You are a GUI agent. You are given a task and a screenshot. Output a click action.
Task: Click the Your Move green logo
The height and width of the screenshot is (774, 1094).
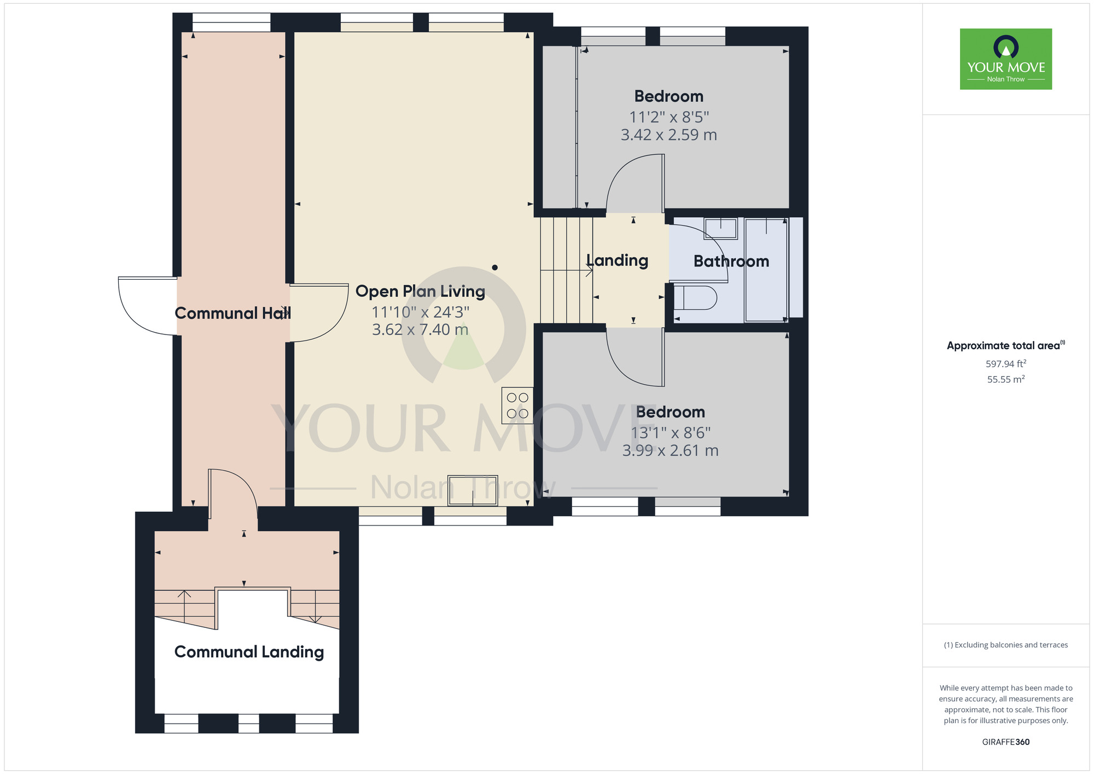(1005, 59)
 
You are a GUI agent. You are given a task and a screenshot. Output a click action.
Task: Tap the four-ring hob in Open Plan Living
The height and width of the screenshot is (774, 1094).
(517, 406)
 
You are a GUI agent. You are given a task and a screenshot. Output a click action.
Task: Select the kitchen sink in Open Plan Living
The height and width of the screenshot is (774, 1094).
(473, 490)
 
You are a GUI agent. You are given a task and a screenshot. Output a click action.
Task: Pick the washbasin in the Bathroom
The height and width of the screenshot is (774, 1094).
(720, 228)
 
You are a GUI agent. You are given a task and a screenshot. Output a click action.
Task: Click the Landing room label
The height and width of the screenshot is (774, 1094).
(617, 261)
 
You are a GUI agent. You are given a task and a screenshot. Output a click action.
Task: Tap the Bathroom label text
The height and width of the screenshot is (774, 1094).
(731, 262)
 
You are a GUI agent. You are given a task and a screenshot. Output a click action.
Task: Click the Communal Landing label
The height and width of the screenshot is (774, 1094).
(249, 652)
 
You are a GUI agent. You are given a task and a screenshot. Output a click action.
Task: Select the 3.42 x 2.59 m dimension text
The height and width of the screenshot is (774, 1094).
(668, 135)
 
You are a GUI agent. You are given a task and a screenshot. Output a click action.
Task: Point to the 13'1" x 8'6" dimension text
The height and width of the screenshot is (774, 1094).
(670, 433)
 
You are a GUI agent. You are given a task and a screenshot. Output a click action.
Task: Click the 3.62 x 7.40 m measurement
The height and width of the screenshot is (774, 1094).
(420, 330)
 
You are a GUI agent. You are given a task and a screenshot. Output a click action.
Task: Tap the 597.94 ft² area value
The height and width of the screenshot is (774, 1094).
(1005, 363)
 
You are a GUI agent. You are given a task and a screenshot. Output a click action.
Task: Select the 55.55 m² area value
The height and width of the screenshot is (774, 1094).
(1005, 379)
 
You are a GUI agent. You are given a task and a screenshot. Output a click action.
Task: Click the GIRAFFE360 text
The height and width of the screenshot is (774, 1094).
(1005, 742)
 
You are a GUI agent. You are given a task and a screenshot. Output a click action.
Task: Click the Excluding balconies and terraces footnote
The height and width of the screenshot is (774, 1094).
(1005, 645)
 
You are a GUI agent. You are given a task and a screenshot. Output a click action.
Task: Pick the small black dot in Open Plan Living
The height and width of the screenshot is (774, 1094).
(494, 268)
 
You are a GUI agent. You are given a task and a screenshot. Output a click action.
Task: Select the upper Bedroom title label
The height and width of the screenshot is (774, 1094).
(668, 96)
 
